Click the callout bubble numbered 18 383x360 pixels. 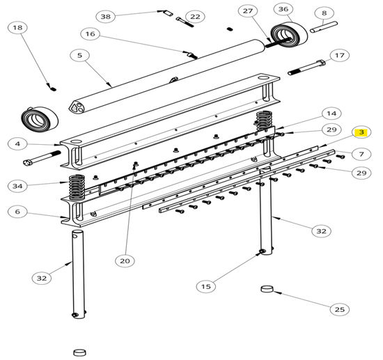coord(18,28)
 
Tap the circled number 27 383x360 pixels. coord(247,10)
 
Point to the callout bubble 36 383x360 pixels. coord(283,10)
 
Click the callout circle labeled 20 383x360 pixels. coord(125,260)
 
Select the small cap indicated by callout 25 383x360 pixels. coord(267,288)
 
